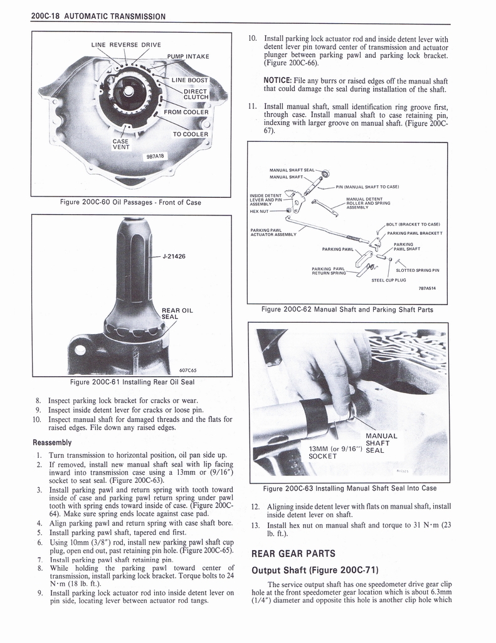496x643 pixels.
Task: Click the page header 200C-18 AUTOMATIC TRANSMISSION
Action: [98, 16]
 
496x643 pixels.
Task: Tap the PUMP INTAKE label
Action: [187, 57]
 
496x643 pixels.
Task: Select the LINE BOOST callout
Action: [190, 80]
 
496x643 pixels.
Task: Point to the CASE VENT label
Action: [120, 144]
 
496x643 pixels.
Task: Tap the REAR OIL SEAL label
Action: [177, 313]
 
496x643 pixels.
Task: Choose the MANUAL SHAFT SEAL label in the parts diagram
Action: [292, 170]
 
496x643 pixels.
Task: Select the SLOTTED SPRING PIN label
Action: [418, 270]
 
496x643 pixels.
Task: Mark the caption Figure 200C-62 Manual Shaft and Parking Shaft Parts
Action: [347, 309]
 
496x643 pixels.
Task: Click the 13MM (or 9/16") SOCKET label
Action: [332, 452]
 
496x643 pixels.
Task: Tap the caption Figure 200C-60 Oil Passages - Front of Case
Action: [129, 202]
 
